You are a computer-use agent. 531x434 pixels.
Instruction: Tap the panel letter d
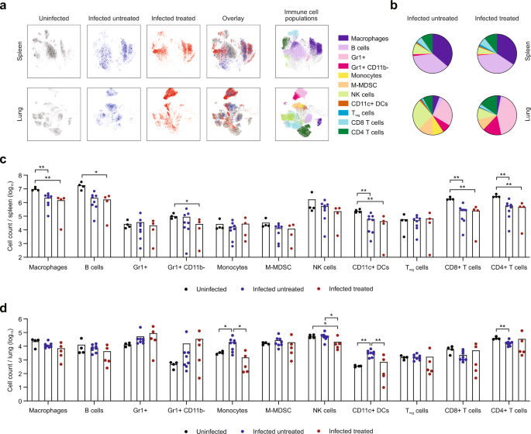click(5, 308)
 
